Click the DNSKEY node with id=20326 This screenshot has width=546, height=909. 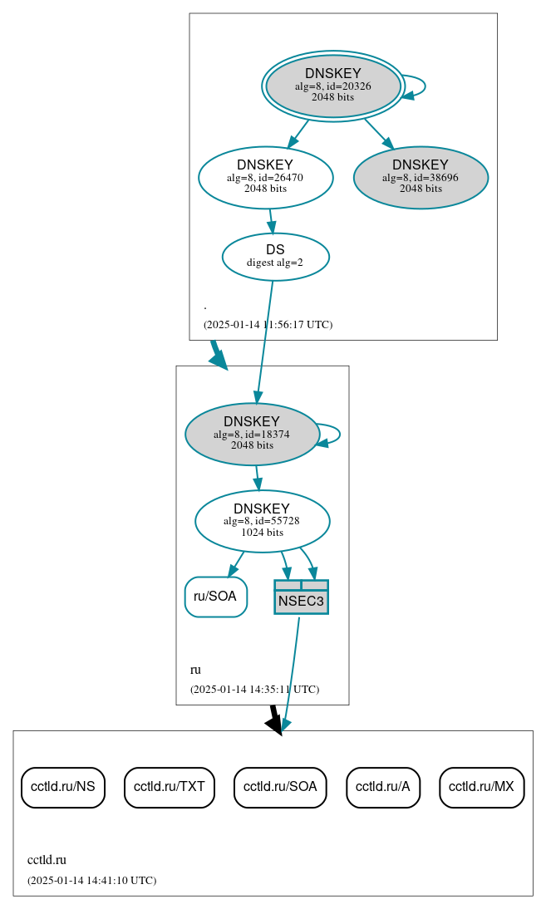(332, 86)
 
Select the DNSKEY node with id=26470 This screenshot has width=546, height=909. (265, 177)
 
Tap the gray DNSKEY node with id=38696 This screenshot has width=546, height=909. (421, 177)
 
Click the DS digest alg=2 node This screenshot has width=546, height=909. (275, 256)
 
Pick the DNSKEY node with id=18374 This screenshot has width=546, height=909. (252, 434)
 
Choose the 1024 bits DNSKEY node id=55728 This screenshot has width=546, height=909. (262, 521)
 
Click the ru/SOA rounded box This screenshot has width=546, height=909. (215, 597)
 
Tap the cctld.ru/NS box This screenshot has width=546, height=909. (62, 786)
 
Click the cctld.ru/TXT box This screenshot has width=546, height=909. (170, 786)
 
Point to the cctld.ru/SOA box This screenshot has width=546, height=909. (280, 786)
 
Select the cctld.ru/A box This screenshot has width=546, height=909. (383, 786)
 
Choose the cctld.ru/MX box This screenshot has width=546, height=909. (481, 786)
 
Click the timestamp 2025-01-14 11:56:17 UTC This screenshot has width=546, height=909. (268, 324)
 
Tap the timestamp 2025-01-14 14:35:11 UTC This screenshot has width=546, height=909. (254, 689)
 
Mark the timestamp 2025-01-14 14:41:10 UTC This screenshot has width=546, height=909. (91, 880)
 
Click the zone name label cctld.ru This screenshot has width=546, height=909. (47, 860)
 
